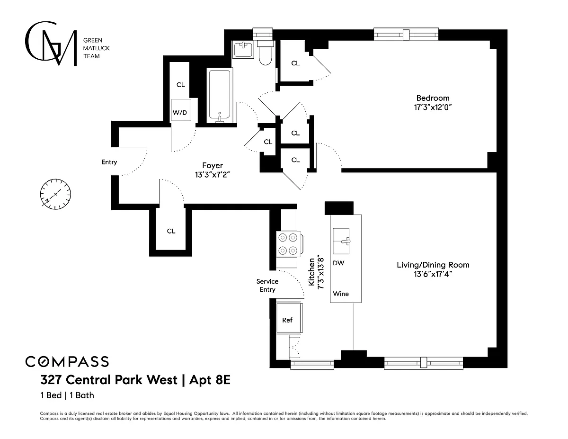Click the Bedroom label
tap(433, 98)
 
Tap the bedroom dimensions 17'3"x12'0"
tap(433, 108)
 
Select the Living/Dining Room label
tap(433, 265)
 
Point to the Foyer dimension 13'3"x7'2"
tap(213, 174)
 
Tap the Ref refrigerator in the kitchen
tap(287, 320)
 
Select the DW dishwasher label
tap(338, 263)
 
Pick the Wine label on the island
tap(341, 294)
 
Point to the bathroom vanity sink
tap(244, 49)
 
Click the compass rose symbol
tap(56, 194)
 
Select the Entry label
tap(109, 162)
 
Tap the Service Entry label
tap(267, 286)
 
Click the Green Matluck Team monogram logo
tap(51, 44)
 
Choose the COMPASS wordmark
tap(67, 361)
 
